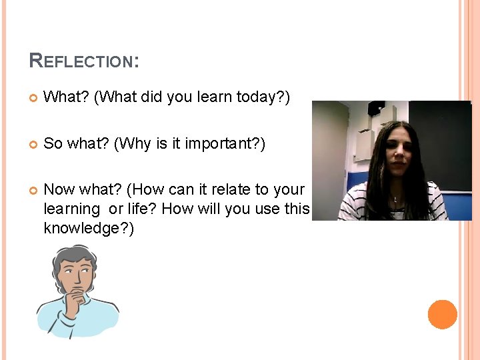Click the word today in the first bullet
tap(258, 97)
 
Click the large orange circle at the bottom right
tap(442, 315)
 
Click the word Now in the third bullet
tap(59, 190)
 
